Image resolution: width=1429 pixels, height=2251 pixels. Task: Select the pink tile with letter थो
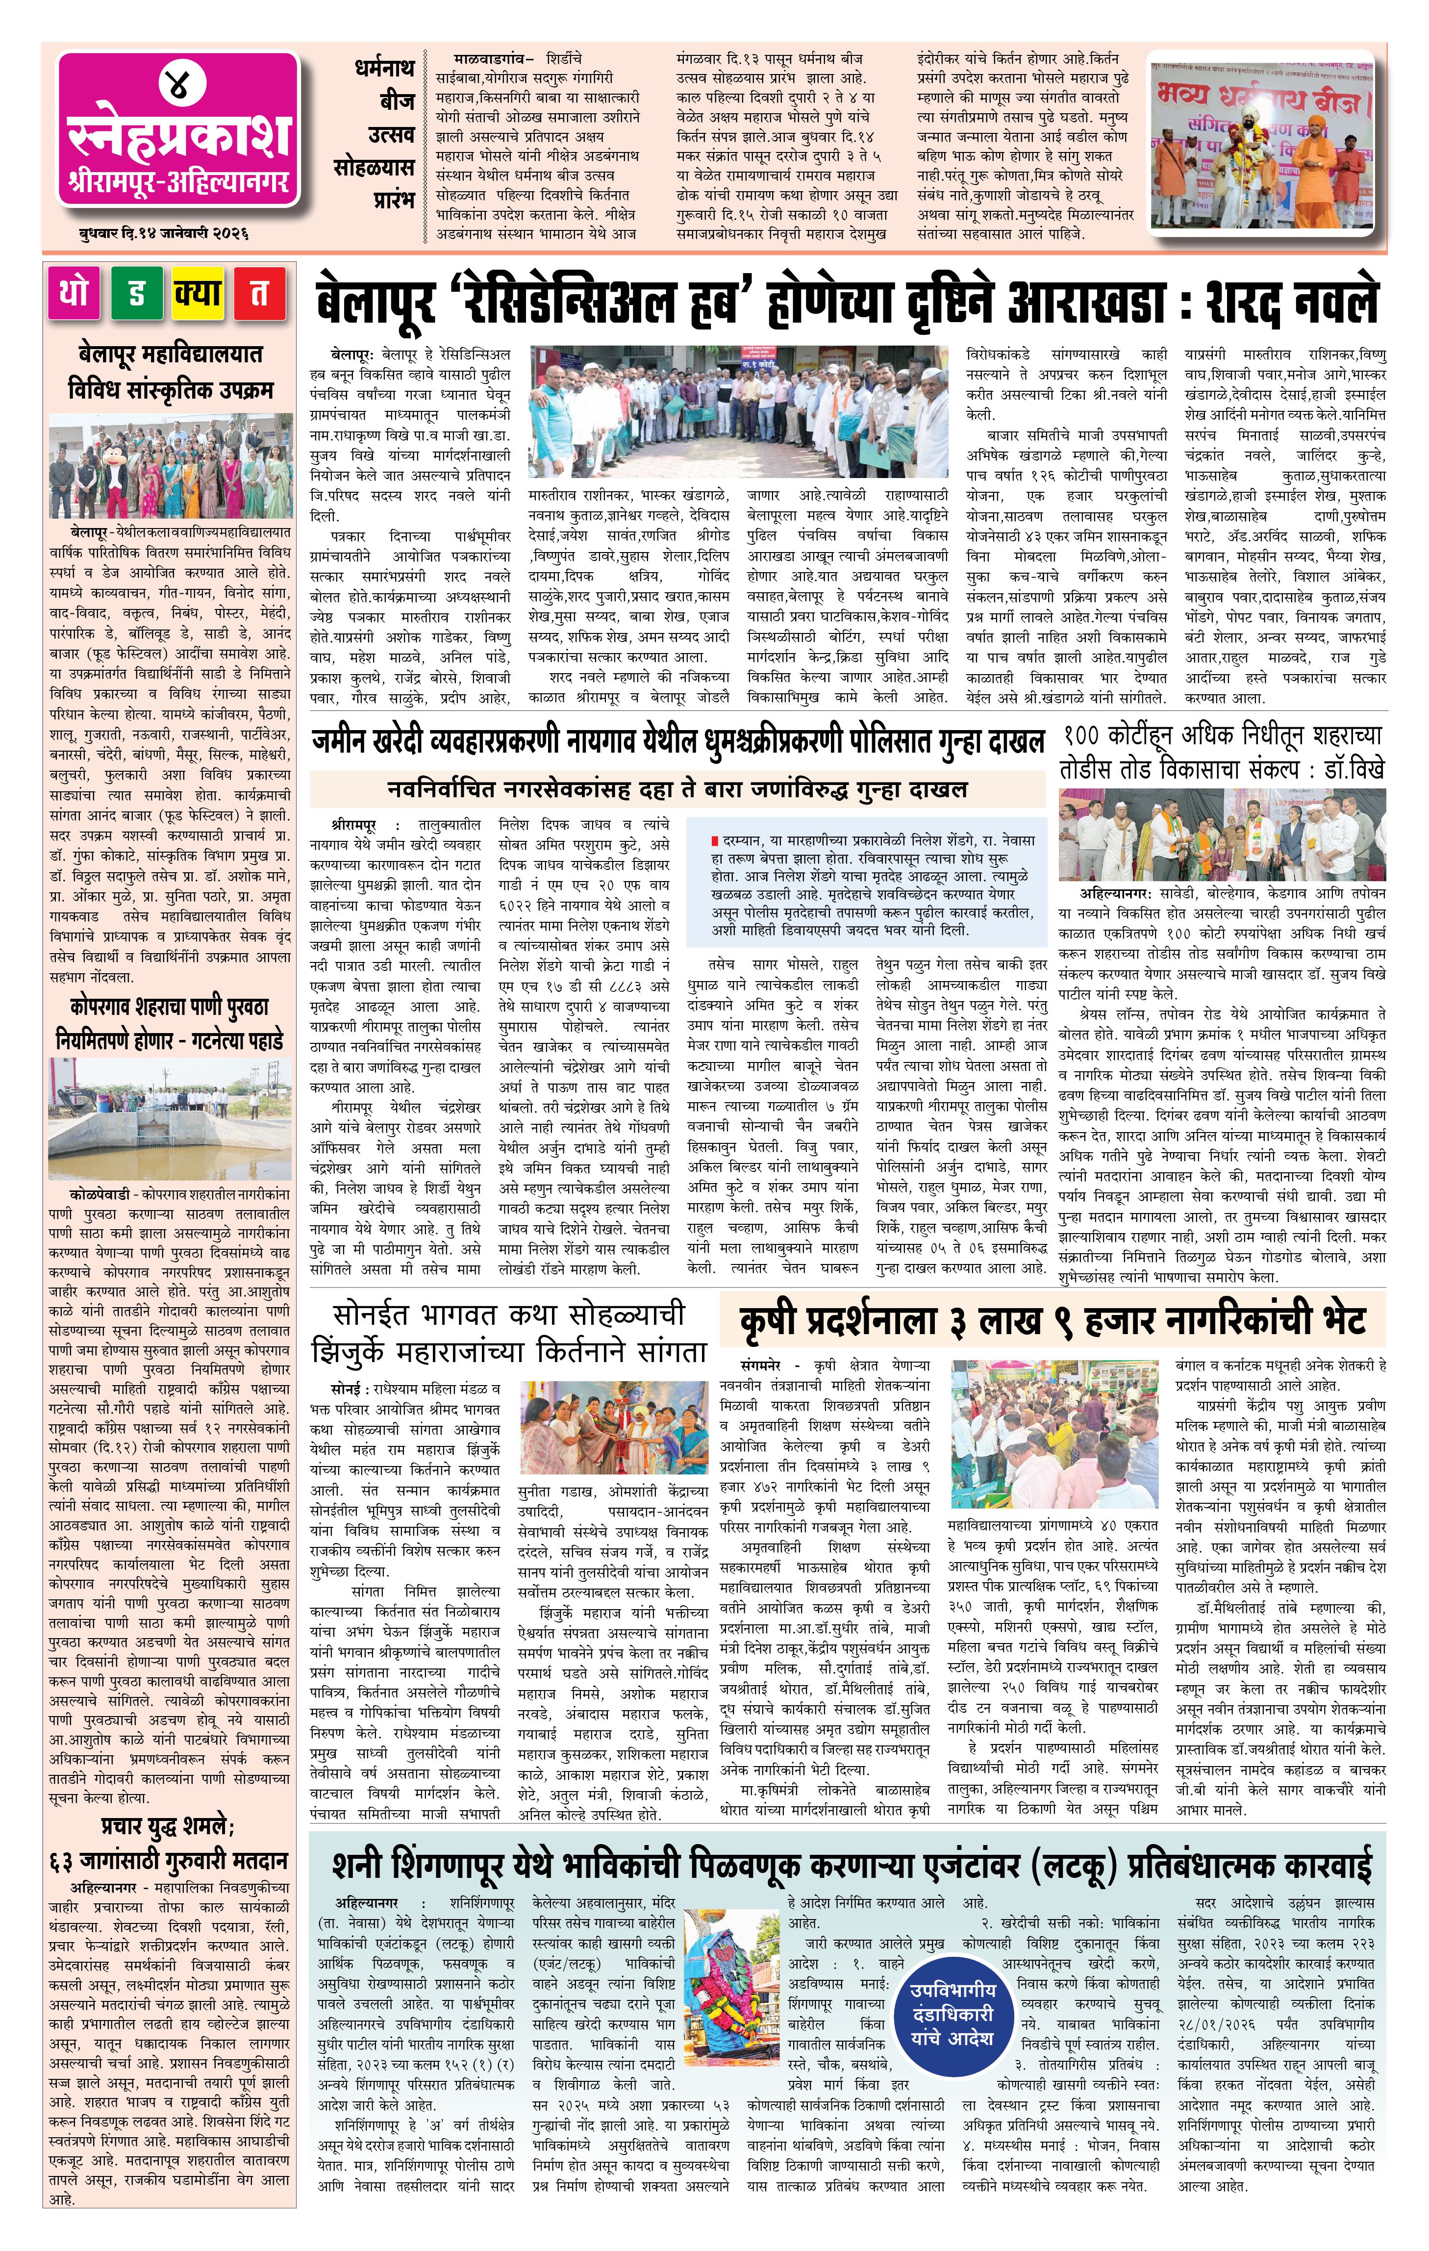click(x=74, y=294)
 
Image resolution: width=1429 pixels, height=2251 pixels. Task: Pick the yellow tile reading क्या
click(x=198, y=294)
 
